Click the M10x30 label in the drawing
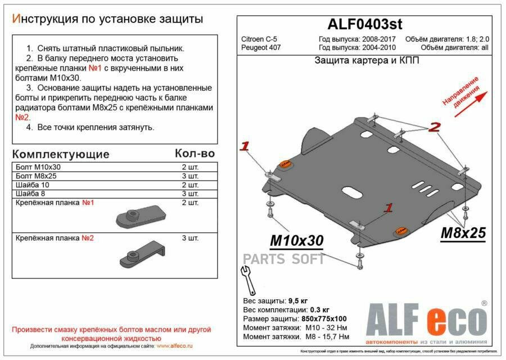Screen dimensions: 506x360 tap(297, 241)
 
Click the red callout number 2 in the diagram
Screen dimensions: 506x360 tap(434, 128)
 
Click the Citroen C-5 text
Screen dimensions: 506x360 tap(259, 39)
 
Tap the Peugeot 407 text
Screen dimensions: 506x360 tap(261, 47)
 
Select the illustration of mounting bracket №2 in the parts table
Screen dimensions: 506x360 tap(141, 254)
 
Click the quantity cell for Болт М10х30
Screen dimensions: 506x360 tap(190, 168)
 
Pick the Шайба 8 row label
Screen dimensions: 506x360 tap(34, 193)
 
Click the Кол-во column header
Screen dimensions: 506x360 tap(195, 154)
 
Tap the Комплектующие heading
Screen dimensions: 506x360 tap(61, 154)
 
